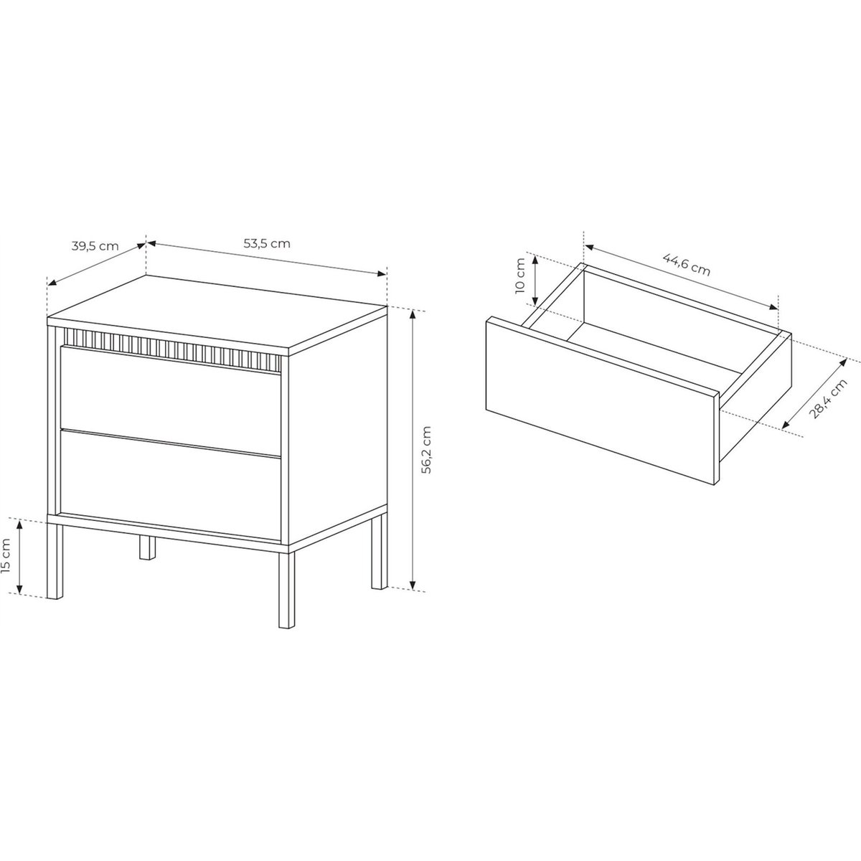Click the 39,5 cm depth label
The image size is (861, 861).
[x=95, y=246]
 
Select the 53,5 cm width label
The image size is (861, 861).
[x=267, y=243]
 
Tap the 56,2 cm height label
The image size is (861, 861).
[x=427, y=449]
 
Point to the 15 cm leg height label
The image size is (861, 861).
[x=6, y=556]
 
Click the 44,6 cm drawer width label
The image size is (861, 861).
[x=687, y=265]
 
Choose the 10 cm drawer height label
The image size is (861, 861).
[x=520, y=276]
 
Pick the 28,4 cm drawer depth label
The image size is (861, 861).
[x=829, y=398]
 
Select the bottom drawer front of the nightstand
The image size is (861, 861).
[x=170, y=485]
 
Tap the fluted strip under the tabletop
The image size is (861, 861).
[x=172, y=350]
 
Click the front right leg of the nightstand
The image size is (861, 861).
[x=286, y=591]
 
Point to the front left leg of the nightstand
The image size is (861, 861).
[x=55, y=561]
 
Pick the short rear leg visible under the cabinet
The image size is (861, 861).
[x=147, y=547]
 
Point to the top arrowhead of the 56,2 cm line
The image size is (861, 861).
[x=413, y=314]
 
